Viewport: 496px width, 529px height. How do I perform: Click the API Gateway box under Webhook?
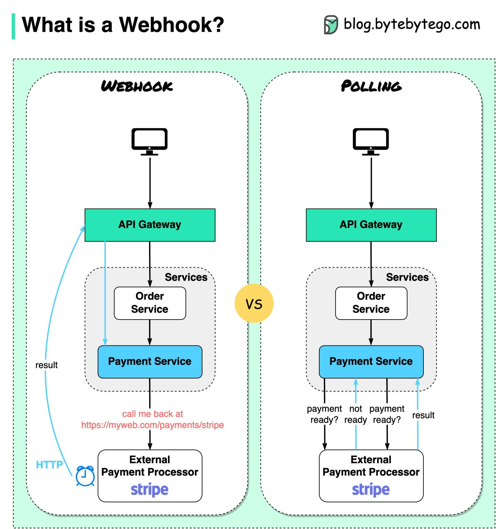click(150, 225)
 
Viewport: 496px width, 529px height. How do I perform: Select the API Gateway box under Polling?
click(371, 225)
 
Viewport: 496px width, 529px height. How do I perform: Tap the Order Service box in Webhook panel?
click(150, 303)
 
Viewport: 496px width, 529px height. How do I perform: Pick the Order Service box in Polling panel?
click(371, 303)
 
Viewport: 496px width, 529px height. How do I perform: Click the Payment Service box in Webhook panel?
click(150, 361)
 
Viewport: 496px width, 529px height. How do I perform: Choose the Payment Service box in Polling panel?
click(371, 361)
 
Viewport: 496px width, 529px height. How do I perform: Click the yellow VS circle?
click(254, 303)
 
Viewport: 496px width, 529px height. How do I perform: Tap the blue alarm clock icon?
click(85, 476)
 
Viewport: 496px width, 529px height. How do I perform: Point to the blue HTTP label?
click(49, 465)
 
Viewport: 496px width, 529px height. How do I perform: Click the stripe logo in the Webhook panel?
click(149, 489)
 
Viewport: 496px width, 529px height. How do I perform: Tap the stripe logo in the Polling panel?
click(371, 489)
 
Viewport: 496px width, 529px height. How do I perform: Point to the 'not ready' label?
click(356, 414)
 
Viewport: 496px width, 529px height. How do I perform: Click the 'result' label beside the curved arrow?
click(46, 365)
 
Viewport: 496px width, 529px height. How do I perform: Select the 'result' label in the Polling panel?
click(423, 415)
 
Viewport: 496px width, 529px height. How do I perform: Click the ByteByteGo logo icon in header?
click(331, 25)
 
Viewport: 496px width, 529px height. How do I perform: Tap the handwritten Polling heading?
click(371, 86)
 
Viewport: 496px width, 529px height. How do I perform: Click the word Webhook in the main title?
click(171, 25)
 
